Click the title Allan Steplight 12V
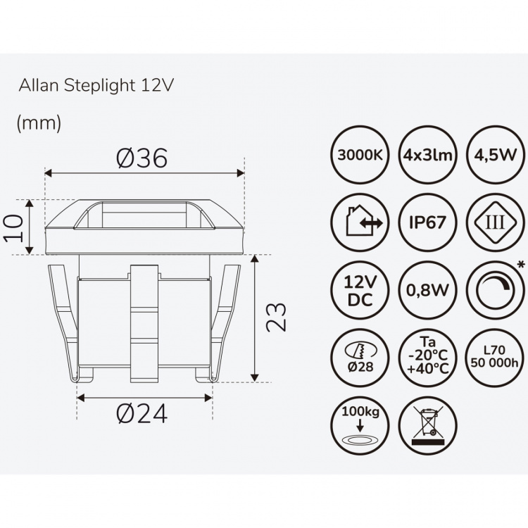95,86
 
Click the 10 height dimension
15,228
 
